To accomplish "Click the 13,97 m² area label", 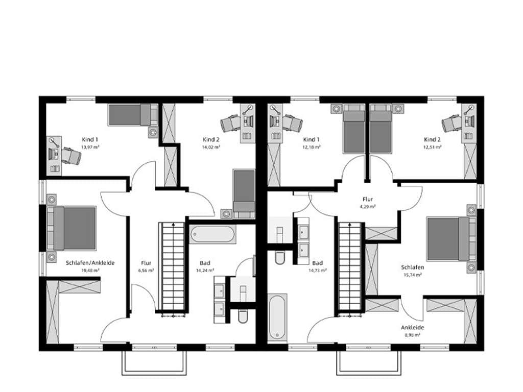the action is point(90,147).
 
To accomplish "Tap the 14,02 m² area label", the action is point(211,147).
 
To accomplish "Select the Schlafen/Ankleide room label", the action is point(90,263).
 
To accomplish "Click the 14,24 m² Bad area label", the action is point(205,271).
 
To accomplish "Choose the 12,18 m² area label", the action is point(311,147).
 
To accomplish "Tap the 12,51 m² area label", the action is point(432,147).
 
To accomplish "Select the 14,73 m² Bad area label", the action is point(317,271).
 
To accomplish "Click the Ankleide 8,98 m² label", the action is point(413,331).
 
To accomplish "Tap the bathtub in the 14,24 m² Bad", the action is point(212,234).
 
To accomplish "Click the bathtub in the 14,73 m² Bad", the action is point(277,317).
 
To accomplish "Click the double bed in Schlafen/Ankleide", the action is point(72,228).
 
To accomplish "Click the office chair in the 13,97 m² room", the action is point(71,155).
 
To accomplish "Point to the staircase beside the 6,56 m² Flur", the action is point(173,267).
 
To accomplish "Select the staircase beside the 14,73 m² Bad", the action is point(350,267).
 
